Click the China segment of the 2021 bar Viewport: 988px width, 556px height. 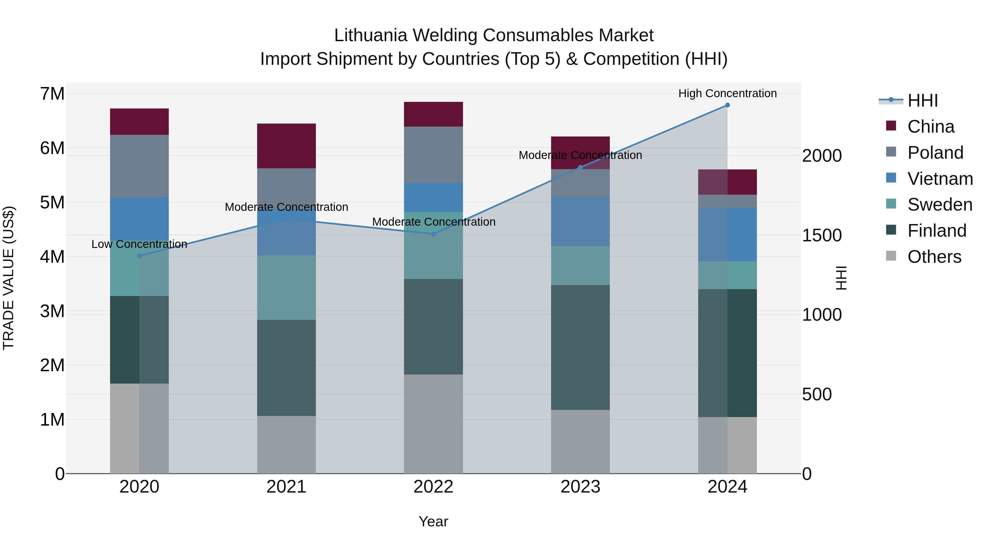click(286, 146)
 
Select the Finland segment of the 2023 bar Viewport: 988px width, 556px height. click(580, 347)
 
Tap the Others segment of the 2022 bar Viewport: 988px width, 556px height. click(433, 424)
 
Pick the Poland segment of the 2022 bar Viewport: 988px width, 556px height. click(433, 155)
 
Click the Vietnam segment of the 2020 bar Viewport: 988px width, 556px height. click(139, 219)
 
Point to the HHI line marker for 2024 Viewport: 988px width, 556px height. click(727, 105)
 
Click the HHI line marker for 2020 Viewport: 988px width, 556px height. click(139, 256)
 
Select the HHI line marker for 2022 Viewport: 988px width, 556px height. click(433, 234)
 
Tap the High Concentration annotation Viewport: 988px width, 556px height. click(727, 93)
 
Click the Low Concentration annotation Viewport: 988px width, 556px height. click(139, 244)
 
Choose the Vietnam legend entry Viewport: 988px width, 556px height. click(940, 179)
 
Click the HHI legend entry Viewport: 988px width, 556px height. click(922, 100)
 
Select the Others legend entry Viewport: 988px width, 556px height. click(934, 257)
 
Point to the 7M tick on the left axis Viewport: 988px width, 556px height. click(52, 94)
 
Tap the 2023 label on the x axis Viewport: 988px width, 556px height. click(580, 487)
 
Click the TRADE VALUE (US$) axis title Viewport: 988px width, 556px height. click(9, 278)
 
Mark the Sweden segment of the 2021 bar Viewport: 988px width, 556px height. click(286, 287)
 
